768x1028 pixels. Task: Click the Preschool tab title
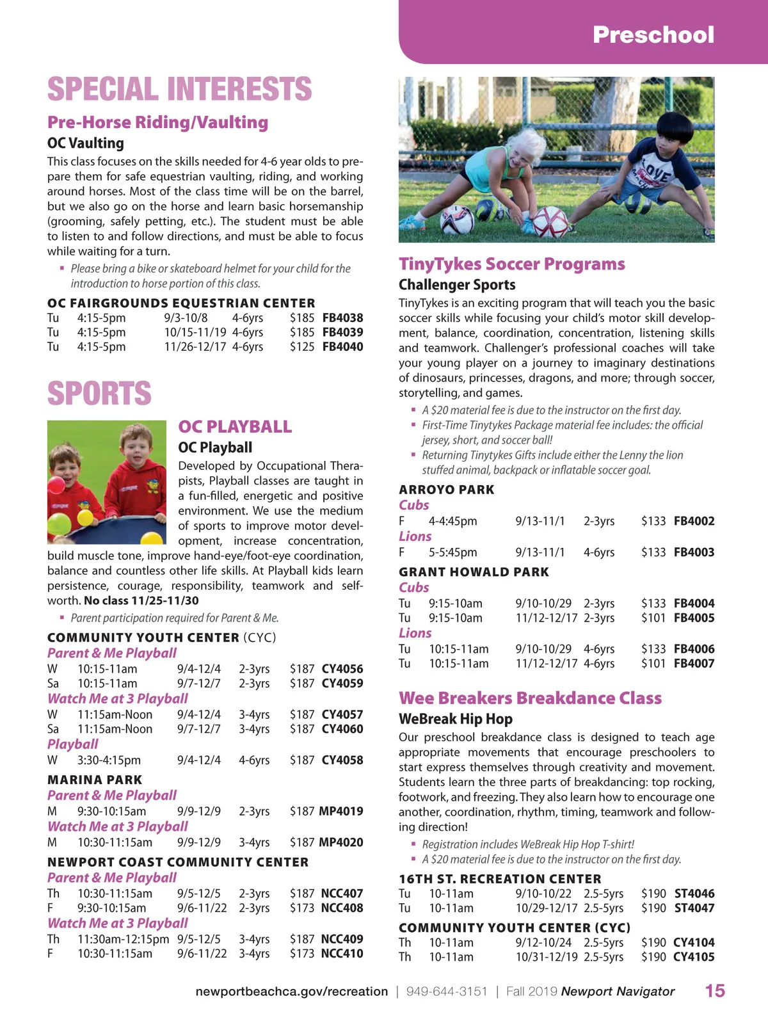tap(653, 35)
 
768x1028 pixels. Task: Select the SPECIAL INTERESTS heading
tap(179, 89)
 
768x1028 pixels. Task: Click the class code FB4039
tap(342, 332)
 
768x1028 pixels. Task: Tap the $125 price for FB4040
tap(301, 347)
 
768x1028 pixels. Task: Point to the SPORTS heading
tap(99, 393)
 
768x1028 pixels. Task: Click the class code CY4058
tap(342, 760)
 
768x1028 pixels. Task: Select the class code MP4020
tap(340, 842)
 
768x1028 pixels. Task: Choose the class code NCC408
tap(342, 908)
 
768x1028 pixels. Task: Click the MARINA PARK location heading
tap(95, 780)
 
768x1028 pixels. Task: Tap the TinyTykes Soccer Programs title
tap(511, 264)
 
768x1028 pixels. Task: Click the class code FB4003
tap(694, 552)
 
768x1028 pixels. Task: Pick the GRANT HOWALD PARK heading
tap(474, 572)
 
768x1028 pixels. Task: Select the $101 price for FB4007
tap(653, 663)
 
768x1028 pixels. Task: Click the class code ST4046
tap(694, 894)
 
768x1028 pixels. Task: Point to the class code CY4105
tap(694, 957)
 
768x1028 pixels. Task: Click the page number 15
tap(715, 991)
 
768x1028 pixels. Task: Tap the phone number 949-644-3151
tap(446, 992)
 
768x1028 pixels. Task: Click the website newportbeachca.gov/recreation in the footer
tap(291, 992)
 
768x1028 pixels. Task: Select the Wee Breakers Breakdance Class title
tap(530, 698)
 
